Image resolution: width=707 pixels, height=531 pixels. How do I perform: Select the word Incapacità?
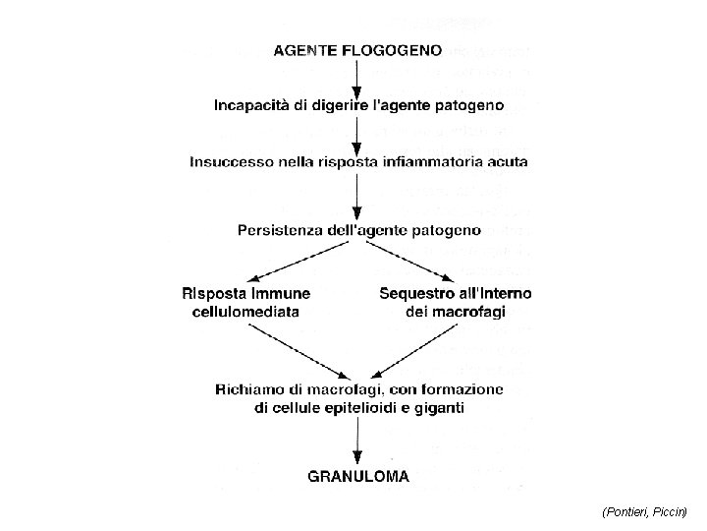coord(253,104)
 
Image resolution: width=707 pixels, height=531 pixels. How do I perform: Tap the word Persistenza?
coord(287,230)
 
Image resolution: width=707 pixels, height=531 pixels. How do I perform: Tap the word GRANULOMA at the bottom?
coord(358,477)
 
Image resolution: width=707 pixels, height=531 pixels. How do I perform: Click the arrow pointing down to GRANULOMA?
coord(358,442)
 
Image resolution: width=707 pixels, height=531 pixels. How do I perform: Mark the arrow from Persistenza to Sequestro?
coord(417,261)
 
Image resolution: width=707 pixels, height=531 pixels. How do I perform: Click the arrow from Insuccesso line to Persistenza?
coord(358,196)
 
